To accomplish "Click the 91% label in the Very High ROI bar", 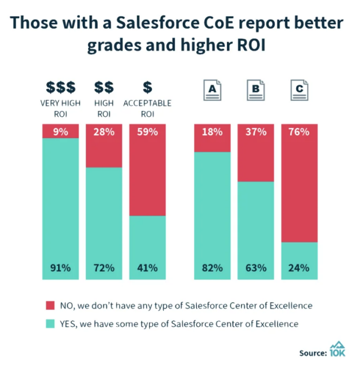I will pos(60,267).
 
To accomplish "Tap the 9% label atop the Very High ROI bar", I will pos(60,132).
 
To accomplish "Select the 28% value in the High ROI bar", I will pos(104,132).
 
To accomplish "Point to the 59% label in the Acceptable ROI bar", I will pos(147,132).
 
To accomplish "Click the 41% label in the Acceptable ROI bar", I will pos(147,267).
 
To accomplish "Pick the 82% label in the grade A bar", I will pos(212,267).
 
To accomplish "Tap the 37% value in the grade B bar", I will pos(256,132).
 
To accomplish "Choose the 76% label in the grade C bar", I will pos(299,132).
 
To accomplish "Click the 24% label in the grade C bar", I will pos(299,267).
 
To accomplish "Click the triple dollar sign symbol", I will pos(60,87).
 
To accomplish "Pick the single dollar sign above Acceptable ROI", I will pos(147,87).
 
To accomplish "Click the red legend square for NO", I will pos(49,305).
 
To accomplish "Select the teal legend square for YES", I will pos(49,324).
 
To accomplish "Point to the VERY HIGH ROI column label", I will pos(60,108).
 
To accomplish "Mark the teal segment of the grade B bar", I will pos(256,226).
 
